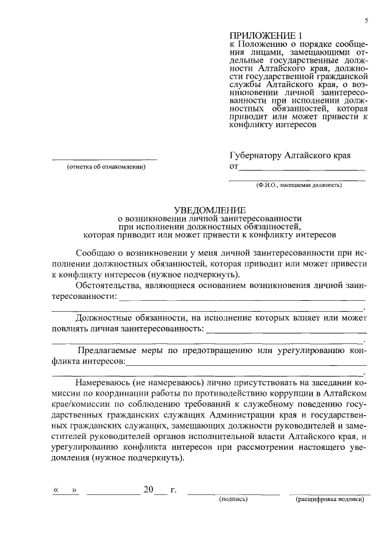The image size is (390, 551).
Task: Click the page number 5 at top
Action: [367, 21]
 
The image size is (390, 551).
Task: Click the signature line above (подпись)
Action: [233, 493]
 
